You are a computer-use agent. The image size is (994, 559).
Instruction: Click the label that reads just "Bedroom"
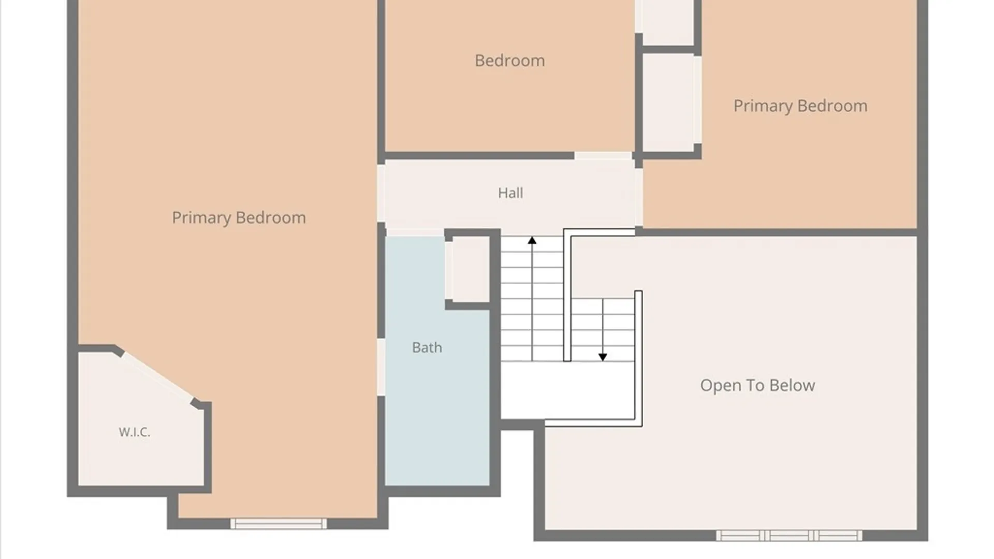509,61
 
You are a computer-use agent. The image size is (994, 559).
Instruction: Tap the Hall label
510,193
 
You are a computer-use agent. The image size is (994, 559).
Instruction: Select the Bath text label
427,347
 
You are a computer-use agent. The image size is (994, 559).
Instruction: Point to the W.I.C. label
135,432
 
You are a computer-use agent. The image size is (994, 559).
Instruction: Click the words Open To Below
757,385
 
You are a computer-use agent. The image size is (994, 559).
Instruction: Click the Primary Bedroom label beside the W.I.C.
239,218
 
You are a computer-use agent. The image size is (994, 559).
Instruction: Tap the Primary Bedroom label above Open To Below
800,106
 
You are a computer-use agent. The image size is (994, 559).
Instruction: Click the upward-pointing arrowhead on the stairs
532,240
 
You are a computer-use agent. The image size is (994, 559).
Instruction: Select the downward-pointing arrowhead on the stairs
603,357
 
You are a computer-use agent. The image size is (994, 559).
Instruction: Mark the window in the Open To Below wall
789,535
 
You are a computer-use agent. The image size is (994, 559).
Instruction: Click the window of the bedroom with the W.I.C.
279,523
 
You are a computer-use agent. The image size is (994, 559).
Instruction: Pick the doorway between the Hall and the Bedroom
603,155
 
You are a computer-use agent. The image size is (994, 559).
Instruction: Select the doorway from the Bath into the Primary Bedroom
381,367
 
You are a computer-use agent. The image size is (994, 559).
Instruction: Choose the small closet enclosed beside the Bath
468,269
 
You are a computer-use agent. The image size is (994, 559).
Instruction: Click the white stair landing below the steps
568,390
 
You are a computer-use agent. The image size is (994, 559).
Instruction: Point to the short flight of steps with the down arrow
603,330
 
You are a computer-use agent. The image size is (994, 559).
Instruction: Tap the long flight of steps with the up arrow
532,299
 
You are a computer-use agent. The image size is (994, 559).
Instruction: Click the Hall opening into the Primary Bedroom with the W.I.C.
381,193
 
